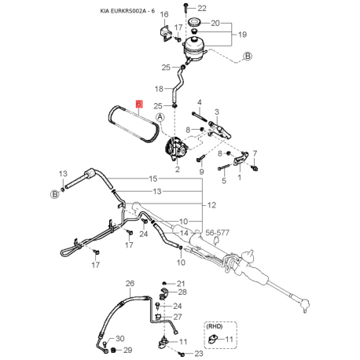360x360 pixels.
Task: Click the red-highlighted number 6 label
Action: click(138, 104)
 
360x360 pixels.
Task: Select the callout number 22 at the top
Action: click(202, 9)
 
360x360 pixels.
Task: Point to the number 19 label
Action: click(242, 35)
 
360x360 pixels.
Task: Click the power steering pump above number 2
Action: click(176, 149)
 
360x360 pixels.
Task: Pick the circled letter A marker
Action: click(160, 117)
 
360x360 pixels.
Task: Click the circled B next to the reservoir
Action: click(248, 56)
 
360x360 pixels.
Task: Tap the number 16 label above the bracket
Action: click(164, 14)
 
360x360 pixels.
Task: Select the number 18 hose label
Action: click(159, 89)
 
